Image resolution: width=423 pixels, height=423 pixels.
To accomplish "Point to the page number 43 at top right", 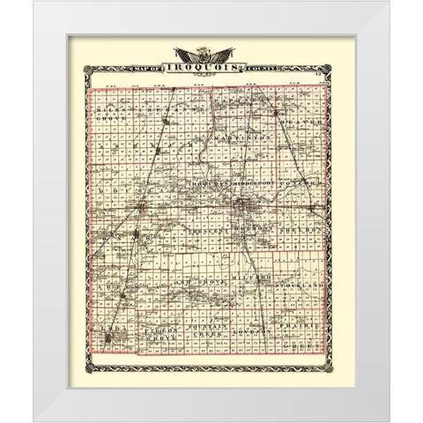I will pos(323,84).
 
